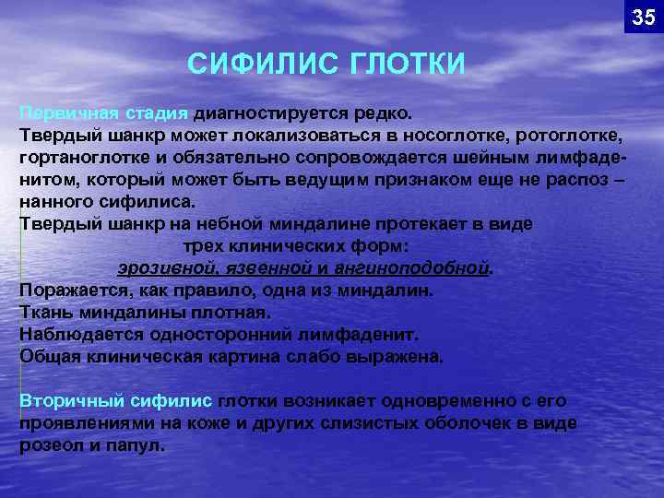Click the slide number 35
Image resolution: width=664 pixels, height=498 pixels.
[x=643, y=17]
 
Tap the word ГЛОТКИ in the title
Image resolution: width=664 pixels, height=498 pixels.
[x=408, y=65]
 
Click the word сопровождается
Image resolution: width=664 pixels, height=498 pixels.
[x=320, y=157]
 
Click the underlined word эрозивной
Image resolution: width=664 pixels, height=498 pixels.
[x=163, y=268]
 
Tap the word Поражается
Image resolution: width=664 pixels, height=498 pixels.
[x=69, y=290]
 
